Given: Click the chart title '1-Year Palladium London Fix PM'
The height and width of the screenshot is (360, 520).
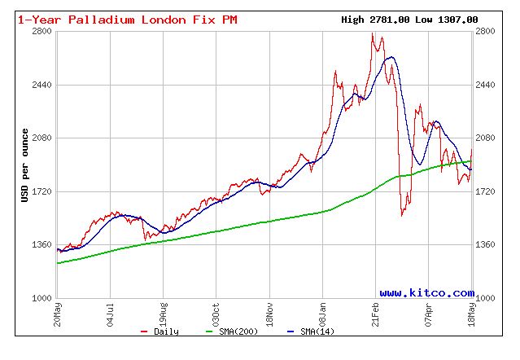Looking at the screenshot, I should (128, 20).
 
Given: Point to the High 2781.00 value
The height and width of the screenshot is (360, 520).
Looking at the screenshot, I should (374, 20).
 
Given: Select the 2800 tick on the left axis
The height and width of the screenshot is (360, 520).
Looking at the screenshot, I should (42, 31).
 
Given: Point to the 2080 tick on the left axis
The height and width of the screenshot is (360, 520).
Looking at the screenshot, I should (42, 138).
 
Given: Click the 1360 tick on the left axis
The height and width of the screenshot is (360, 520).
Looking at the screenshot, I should (42, 244).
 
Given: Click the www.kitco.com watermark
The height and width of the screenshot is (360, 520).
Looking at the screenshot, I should (426, 292).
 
